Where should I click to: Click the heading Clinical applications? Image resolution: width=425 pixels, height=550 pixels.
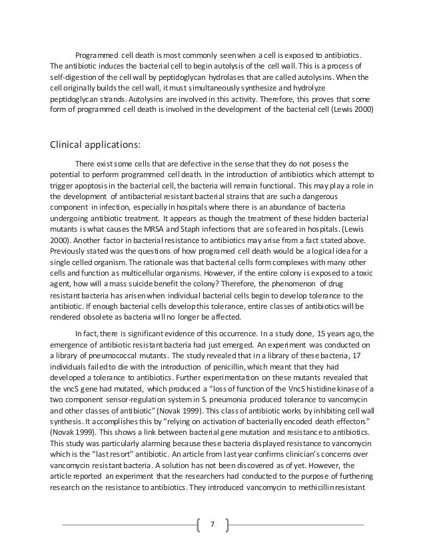(95, 146)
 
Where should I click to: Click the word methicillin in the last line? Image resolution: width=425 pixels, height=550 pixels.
(330, 483)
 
